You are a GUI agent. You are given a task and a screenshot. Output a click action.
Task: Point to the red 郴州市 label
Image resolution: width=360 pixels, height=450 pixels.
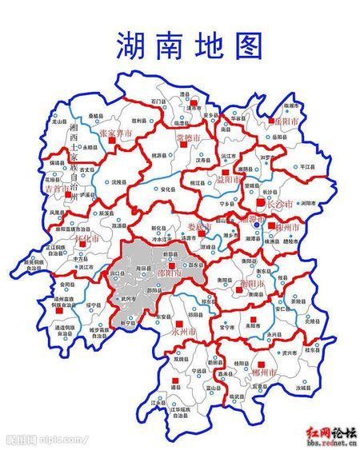[262, 373]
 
